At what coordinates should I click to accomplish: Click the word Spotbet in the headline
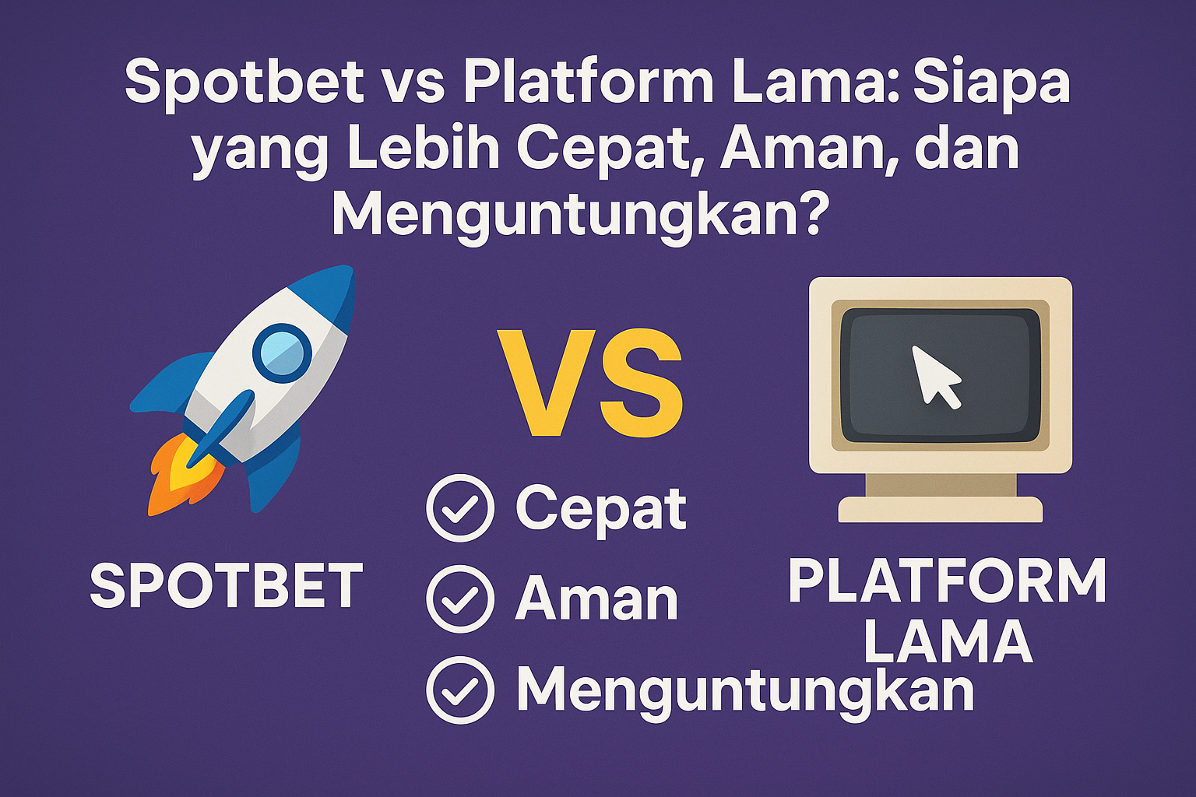[244, 84]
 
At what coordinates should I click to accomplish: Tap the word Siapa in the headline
[991, 84]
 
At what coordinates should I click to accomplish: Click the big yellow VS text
[590, 383]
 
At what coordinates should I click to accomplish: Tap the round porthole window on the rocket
[283, 353]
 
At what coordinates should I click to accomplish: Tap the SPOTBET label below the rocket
[227, 585]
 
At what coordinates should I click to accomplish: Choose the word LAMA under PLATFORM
[948, 641]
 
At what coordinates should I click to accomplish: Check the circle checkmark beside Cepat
[460, 508]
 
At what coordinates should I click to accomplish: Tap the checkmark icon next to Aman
[460, 599]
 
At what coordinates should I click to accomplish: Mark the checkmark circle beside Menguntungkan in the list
[460, 690]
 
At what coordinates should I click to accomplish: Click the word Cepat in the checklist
[600, 509]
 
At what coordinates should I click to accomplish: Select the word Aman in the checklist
[596, 599]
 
